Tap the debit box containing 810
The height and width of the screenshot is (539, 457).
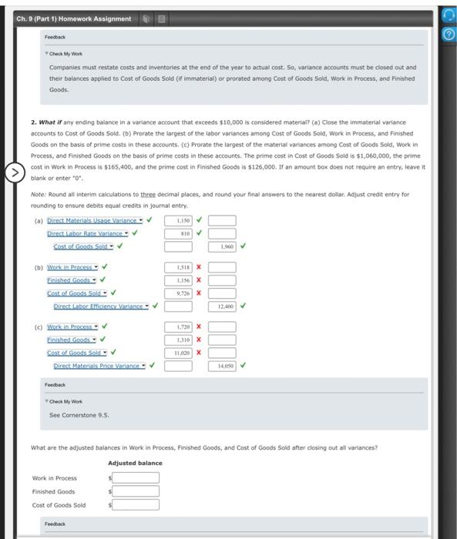tap(179, 233)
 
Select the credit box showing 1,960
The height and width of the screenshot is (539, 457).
tap(222, 246)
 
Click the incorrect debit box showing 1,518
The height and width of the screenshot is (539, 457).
tap(179, 268)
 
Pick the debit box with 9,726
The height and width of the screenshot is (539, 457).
tap(179, 293)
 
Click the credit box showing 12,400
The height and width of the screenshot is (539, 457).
tap(222, 306)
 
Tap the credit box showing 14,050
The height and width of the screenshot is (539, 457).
tap(222, 366)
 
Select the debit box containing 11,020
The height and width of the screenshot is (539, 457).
tap(179, 353)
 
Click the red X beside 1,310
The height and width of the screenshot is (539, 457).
tap(199, 340)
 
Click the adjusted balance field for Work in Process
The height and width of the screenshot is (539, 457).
tap(137, 477)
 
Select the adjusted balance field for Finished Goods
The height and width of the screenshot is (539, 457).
tap(137, 491)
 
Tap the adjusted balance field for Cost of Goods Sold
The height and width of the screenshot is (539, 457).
tap(137, 505)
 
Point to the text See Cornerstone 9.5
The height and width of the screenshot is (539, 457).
tap(79, 417)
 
